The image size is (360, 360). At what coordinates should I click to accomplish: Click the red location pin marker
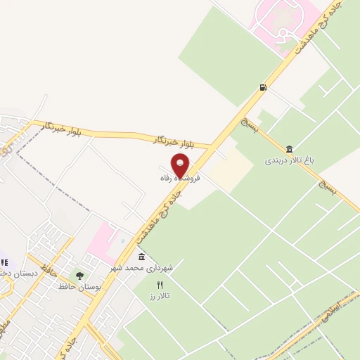pos(181,166)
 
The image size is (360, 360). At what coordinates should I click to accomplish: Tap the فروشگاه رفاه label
pos(180,179)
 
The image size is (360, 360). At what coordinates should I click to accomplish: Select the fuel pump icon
pos(263,88)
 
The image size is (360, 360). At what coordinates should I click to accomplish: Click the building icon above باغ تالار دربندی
pos(290,148)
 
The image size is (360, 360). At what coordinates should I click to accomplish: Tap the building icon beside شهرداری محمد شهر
pos(142,257)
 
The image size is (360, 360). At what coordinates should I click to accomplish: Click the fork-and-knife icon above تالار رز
pos(159,284)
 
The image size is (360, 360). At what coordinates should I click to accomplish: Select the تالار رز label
pos(160,296)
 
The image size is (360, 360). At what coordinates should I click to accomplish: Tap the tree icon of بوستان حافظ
pos(79,276)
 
